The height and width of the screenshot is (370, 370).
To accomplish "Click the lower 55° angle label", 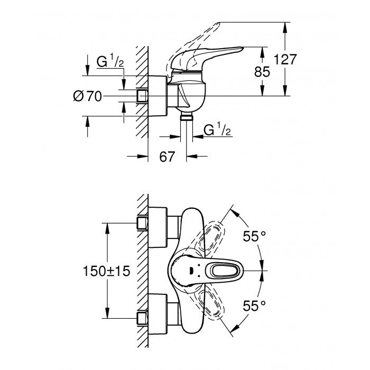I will [255, 305].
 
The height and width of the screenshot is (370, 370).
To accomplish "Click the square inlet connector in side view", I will [142, 96].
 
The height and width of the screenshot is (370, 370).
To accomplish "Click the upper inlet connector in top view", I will [142, 223].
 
